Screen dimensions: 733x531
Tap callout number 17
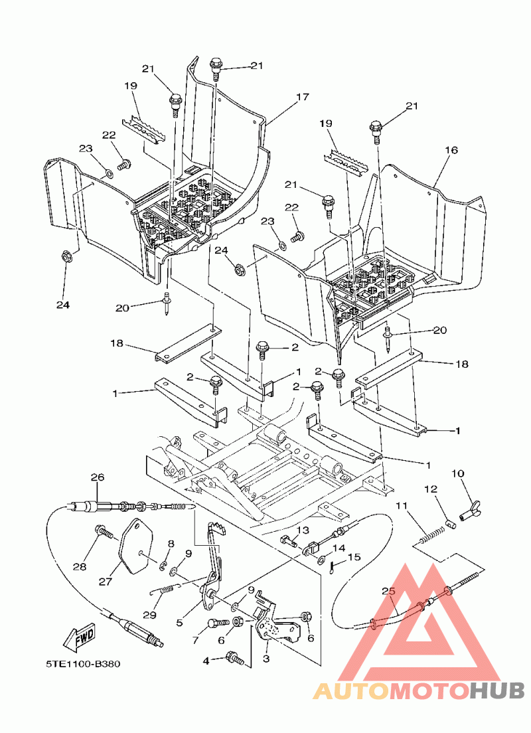[303, 97]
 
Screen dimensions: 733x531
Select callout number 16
[451, 151]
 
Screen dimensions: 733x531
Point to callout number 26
[98, 477]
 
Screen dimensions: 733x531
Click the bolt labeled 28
[102, 531]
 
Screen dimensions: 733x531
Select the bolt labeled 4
[235, 658]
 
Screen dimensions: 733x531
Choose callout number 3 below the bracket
[266, 659]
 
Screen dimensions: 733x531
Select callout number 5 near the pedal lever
[180, 623]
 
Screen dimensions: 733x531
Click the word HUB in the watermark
[496, 691]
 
